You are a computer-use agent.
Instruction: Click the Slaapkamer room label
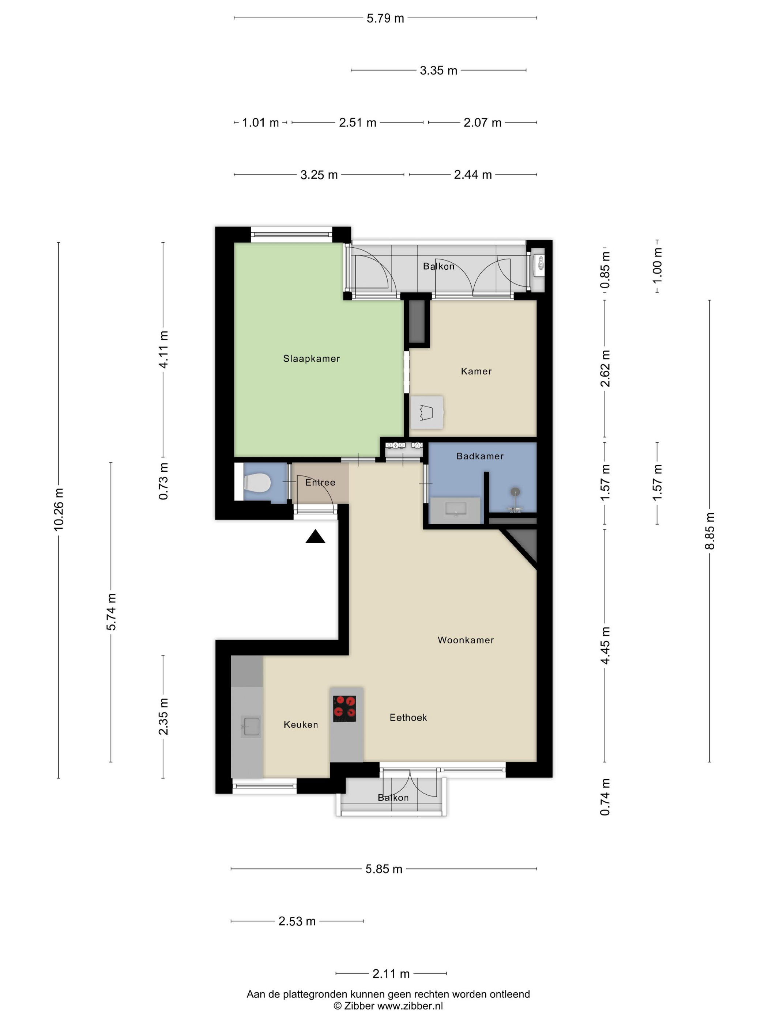[x=311, y=358]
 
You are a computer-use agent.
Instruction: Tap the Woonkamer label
[x=466, y=640]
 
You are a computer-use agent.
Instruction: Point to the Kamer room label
[x=476, y=371]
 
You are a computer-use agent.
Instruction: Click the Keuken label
[x=301, y=725]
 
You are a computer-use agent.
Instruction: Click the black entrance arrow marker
[x=315, y=536]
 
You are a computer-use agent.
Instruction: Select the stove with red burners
[x=345, y=709]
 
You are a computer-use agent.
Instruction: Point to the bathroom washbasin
[x=456, y=510]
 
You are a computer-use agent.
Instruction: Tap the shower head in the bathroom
[x=515, y=492]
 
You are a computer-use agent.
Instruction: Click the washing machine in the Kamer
[x=426, y=412]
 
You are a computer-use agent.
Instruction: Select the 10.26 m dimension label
[x=59, y=509]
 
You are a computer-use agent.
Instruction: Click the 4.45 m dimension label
[x=605, y=646]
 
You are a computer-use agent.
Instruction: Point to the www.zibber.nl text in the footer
[x=410, y=1005]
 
